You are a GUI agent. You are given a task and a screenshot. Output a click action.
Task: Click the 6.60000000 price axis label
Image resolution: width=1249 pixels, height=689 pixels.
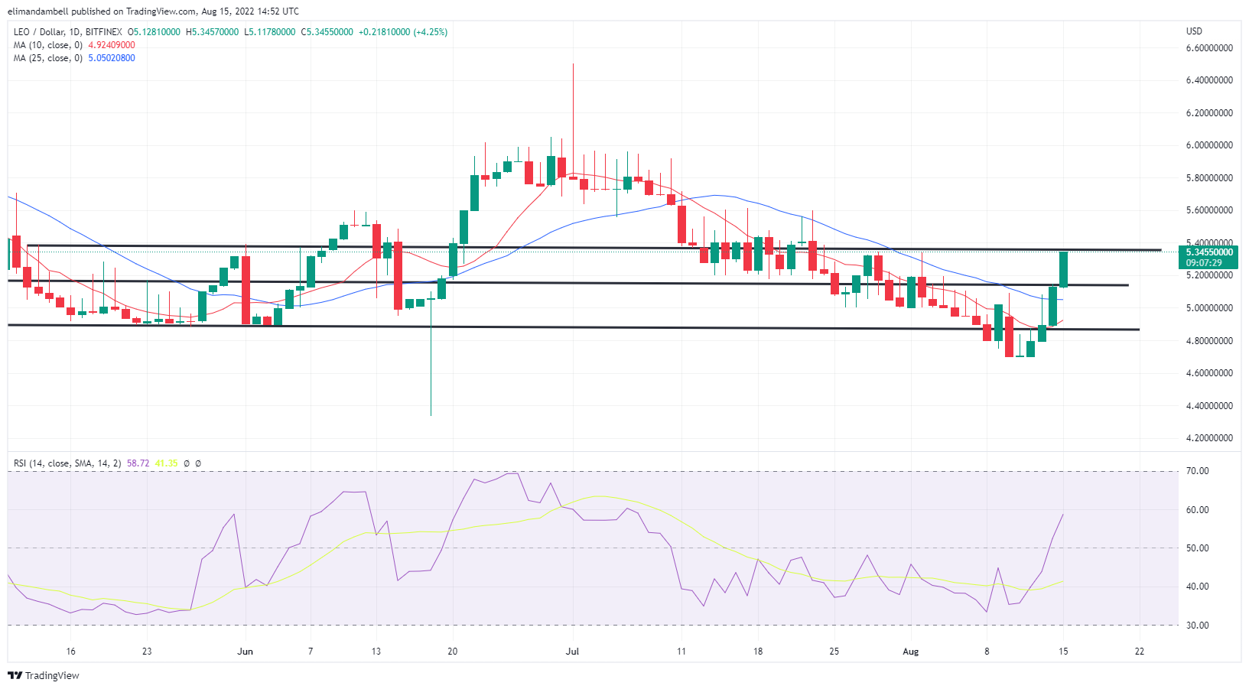point(1209,47)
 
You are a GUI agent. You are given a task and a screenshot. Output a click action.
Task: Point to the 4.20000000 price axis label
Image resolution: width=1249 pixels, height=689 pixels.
point(1209,438)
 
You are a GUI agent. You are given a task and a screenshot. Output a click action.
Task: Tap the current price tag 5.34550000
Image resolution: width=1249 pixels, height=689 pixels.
point(1209,252)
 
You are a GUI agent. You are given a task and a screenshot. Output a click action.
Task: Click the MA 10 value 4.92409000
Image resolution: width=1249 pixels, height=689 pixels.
point(112,45)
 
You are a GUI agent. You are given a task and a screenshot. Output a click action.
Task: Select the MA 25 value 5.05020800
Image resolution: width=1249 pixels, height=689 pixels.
point(112,58)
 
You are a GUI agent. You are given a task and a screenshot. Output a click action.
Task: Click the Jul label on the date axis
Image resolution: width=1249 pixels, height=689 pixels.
point(572,652)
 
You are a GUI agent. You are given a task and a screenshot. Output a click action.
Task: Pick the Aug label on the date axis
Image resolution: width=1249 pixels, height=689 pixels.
point(910,652)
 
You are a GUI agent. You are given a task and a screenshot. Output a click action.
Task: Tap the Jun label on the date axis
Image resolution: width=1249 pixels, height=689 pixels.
point(245,652)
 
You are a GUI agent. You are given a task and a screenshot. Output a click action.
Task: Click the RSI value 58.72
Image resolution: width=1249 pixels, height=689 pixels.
point(138,463)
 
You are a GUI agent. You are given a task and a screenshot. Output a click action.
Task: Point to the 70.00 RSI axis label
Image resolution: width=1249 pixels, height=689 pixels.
point(1197,471)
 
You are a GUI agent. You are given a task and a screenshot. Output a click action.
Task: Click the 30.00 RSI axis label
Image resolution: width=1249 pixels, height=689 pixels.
point(1197,625)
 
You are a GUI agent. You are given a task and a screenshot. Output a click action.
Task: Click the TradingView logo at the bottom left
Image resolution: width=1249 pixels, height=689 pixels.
point(44,675)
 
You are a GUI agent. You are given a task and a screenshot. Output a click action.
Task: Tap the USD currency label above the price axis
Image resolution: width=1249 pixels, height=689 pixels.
point(1194,31)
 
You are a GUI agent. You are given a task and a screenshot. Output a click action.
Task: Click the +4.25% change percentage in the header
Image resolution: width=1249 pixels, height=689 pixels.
point(430,32)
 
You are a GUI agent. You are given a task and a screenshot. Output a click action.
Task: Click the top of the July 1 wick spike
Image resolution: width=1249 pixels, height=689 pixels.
point(573,64)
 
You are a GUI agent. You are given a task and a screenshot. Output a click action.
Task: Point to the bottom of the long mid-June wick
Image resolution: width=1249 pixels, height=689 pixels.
point(431,414)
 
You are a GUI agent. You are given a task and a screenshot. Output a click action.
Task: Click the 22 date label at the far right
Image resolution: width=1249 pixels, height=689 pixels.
point(1140,652)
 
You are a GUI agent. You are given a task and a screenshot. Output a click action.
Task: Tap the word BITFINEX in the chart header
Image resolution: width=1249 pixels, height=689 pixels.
point(104,32)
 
